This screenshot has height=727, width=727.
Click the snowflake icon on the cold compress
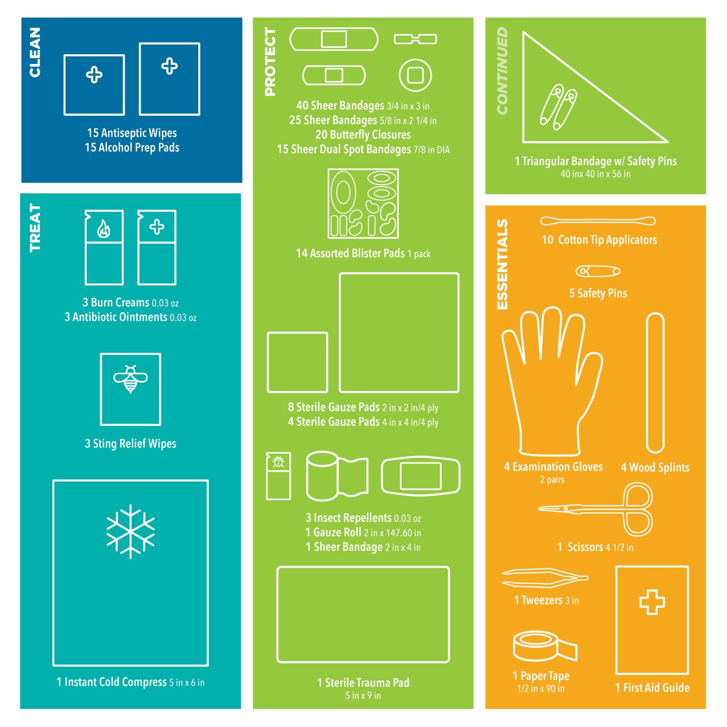coord(130,531)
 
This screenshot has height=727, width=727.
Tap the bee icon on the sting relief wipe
coord(130,379)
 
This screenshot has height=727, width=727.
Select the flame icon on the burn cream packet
coord(104,229)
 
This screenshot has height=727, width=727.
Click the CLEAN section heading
coord(35,52)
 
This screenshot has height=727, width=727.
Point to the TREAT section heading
coord(35,227)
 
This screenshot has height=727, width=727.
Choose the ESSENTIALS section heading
coord(502,264)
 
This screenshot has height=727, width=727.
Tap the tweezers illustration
coord(545,578)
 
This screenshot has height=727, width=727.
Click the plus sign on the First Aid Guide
coord(652,602)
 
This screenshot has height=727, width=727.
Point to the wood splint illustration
coord(655,383)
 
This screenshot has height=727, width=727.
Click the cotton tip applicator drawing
coord(598,221)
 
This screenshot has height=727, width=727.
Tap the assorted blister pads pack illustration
coord(363,204)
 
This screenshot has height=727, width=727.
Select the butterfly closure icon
coord(415,39)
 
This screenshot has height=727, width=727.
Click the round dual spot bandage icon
coord(415,75)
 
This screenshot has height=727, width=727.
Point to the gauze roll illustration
coord(337,476)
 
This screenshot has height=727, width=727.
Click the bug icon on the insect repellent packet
coord(278,462)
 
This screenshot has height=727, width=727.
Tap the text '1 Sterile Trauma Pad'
coord(363,683)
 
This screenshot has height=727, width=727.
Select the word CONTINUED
coord(502,71)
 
